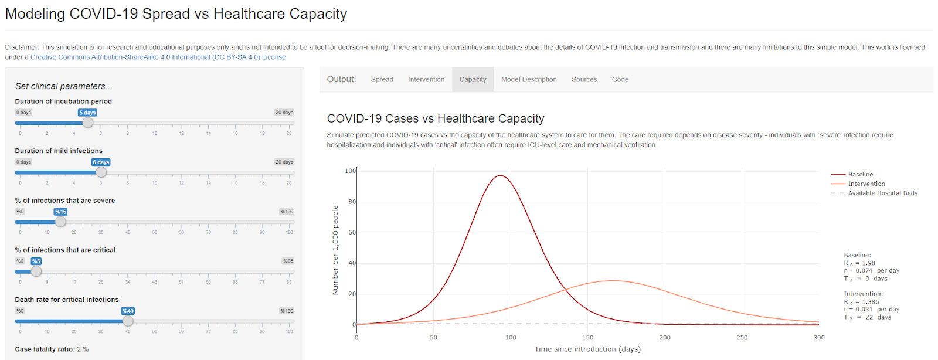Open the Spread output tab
point(382,80)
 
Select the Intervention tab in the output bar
point(426,80)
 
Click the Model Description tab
point(529,80)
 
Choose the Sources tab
point(584,80)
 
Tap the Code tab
point(620,80)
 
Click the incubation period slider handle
point(87,123)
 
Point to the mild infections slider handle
point(101,172)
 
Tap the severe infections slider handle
point(60,222)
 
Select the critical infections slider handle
point(36,271)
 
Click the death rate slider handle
point(128,321)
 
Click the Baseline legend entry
point(860,175)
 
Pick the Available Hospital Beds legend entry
point(882,193)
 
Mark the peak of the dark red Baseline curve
point(500,175)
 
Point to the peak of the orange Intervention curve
point(612,280)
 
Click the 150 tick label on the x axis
point(587,338)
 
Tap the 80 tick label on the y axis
point(352,202)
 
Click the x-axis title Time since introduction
point(587,349)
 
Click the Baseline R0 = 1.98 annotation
point(860,263)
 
